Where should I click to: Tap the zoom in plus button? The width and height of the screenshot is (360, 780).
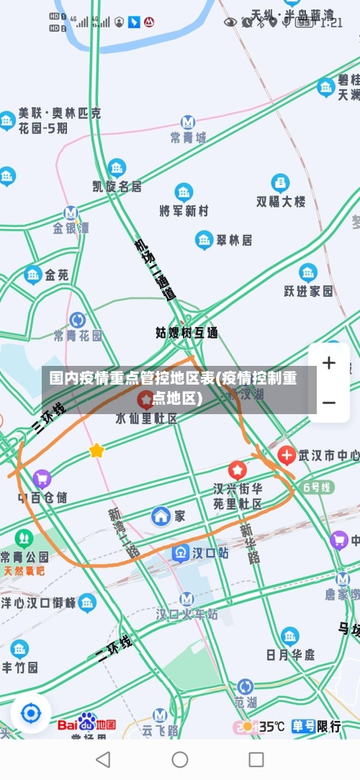click(x=329, y=363)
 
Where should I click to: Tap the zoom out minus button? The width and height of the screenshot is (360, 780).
click(x=329, y=402)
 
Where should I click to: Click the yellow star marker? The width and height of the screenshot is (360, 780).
click(x=96, y=451)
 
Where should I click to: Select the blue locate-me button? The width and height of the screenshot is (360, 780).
click(x=31, y=714)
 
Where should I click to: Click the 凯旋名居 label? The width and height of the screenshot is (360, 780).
click(x=117, y=186)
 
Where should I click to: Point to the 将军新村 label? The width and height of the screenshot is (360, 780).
click(x=184, y=210)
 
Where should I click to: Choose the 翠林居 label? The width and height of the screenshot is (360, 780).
click(x=234, y=240)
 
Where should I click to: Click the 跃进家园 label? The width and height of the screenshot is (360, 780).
click(x=308, y=290)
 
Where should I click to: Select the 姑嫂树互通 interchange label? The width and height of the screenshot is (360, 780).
click(x=186, y=333)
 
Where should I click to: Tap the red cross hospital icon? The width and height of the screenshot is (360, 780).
click(x=287, y=454)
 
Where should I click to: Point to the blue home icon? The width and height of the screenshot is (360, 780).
click(x=161, y=516)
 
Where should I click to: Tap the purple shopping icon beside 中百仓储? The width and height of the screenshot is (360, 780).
click(x=42, y=478)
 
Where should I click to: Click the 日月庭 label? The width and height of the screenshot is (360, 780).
click(x=290, y=654)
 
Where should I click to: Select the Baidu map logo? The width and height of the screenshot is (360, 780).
click(x=86, y=723)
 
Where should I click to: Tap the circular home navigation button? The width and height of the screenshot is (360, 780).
click(x=180, y=759)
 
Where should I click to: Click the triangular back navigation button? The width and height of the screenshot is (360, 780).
click(x=103, y=759)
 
